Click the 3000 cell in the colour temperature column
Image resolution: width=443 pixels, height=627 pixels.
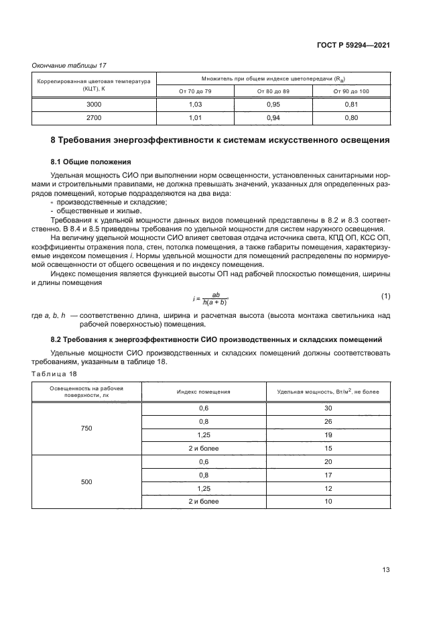tap(94, 105)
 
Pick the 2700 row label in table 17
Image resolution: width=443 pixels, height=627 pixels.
tap(94, 118)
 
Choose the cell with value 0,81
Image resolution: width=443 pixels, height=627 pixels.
tap(351, 105)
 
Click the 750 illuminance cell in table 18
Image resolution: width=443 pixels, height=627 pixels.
tap(85, 429)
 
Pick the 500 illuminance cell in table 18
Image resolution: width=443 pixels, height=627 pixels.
tap(85, 482)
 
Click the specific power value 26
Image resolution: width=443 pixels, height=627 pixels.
tap(328, 422)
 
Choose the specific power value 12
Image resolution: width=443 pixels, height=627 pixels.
tap(328, 489)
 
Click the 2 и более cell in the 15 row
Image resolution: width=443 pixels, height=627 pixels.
tap(204, 449)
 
